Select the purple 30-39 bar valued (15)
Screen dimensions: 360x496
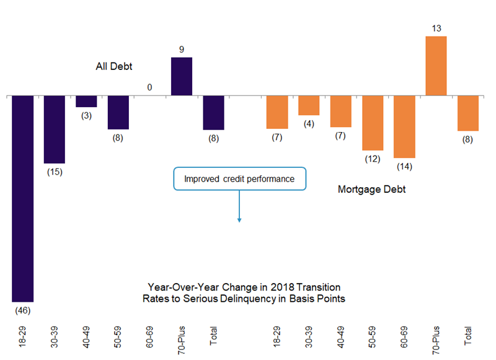pos(54,129)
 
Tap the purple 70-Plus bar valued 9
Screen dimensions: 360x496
pos(181,76)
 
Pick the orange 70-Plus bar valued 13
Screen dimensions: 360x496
pos(436,66)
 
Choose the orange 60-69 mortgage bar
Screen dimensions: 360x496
pos(404,126)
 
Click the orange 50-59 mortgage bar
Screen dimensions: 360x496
pos(373,123)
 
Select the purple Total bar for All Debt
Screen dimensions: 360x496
pos(213,112)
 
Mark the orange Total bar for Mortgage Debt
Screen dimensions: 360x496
pos(468,113)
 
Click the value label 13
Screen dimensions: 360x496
pos(436,27)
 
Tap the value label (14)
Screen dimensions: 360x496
pos(404,166)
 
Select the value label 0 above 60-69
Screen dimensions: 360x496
pos(149,87)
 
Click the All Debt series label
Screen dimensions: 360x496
pos(114,66)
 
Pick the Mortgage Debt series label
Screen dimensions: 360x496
pos(371,190)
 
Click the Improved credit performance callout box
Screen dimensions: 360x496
pos(239,179)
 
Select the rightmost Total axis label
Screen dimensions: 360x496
pos(468,334)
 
